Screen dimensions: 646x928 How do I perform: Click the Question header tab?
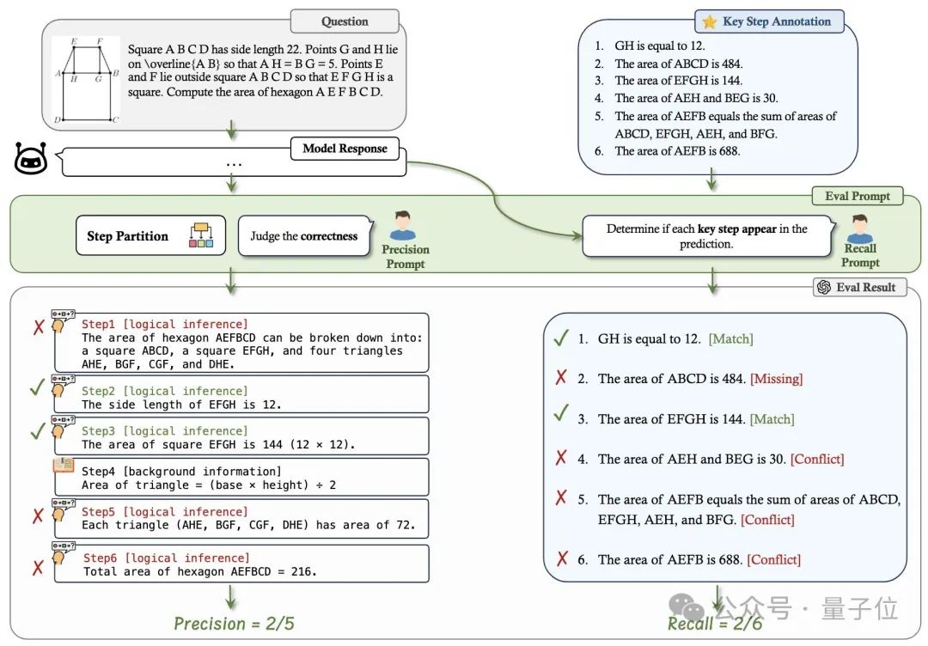tap(345, 21)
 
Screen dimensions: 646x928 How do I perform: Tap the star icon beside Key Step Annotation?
tap(710, 21)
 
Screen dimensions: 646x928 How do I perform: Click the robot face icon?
tap(31, 160)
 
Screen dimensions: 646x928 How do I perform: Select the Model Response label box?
tap(345, 149)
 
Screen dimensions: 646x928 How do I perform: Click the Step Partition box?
tap(150, 235)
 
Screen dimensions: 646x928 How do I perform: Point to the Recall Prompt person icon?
tap(859, 229)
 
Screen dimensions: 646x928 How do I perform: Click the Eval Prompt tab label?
tap(858, 196)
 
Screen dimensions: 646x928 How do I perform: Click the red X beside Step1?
tap(38, 326)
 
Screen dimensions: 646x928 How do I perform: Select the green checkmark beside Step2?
tap(36, 387)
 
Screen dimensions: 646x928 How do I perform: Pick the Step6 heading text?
tap(167, 558)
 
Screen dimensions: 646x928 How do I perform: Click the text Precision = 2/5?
tap(234, 623)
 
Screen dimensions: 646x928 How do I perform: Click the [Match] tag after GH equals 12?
tap(730, 339)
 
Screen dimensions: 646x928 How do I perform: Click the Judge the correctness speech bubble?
tap(303, 235)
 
